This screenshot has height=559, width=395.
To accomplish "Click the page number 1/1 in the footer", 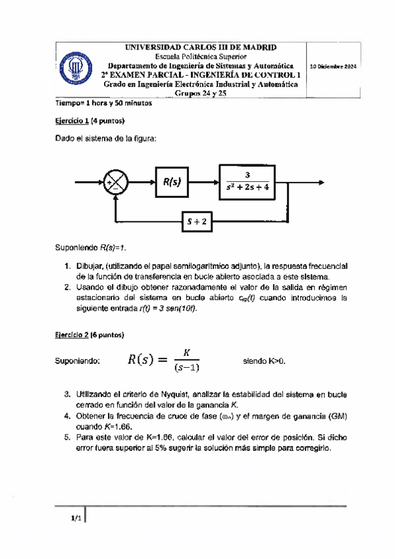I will [76, 519].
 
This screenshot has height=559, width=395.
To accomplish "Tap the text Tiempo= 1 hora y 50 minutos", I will [103, 103].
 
